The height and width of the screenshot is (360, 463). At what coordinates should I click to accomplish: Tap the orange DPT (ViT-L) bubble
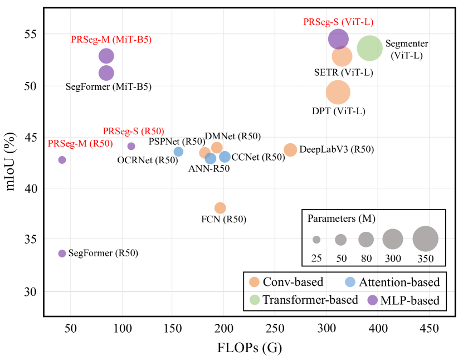(x=338, y=93)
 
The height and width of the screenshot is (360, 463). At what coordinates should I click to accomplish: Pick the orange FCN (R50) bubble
(x=220, y=208)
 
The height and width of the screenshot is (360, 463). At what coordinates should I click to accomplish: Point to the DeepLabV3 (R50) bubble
(x=290, y=149)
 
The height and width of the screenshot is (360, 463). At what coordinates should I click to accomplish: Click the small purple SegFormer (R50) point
(x=62, y=254)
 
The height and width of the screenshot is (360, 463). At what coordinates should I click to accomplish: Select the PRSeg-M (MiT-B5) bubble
(x=106, y=56)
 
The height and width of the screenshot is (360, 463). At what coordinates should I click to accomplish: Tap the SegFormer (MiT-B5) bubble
(x=106, y=72)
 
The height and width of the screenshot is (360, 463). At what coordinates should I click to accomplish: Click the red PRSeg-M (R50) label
(x=80, y=144)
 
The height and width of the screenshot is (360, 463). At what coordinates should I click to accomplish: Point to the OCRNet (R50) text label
(x=147, y=160)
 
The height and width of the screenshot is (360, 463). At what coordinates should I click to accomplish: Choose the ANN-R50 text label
(x=209, y=169)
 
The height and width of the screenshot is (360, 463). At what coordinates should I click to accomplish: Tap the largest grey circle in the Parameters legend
(x=425, y=239)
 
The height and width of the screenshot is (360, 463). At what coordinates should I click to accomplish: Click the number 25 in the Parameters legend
(x=316, y=258)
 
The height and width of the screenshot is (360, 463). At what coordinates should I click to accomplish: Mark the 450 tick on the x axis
(x=428, y=329)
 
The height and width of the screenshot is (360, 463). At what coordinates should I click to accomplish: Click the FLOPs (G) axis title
(x=250, y=348)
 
